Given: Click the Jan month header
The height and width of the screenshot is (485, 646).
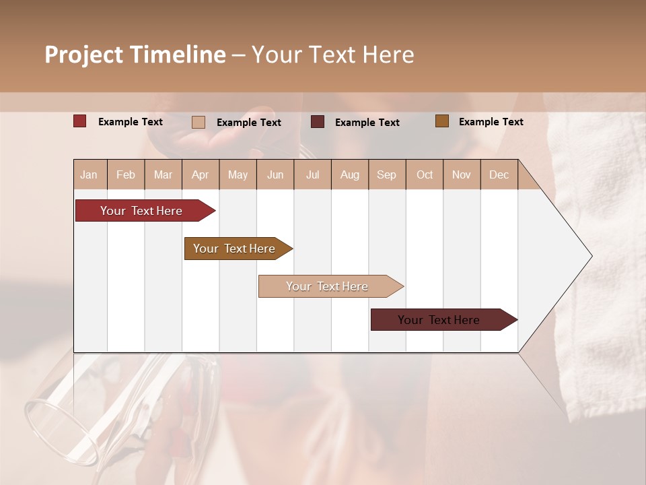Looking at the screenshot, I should (89, 174).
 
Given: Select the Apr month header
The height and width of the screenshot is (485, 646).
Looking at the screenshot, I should (200, 174).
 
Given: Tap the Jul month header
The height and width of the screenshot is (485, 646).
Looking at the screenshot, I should (312, 174).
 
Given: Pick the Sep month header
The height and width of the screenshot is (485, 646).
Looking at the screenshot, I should (386, 174).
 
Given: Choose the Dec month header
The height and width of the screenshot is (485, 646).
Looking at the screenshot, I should (499, 174).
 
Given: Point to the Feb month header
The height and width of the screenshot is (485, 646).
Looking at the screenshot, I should (126, 174).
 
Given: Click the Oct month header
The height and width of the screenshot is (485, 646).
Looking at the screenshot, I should (425, 174).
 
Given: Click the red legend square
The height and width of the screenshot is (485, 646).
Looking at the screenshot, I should (80, 121).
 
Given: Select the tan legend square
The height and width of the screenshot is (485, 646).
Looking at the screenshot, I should (199, 122).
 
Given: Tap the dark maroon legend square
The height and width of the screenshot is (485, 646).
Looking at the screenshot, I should (318, 122).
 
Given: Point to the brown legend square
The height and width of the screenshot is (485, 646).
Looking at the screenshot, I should (441, 121).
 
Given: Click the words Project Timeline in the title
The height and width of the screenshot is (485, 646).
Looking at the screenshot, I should (135, 55).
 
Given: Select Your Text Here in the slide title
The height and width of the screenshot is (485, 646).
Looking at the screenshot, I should (333, 55).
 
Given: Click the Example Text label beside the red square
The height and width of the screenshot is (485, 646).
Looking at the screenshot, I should (131, 122).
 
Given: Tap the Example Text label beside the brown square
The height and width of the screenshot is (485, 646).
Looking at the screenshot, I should (491, 122).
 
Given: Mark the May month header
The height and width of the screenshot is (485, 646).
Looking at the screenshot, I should (238, 174).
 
